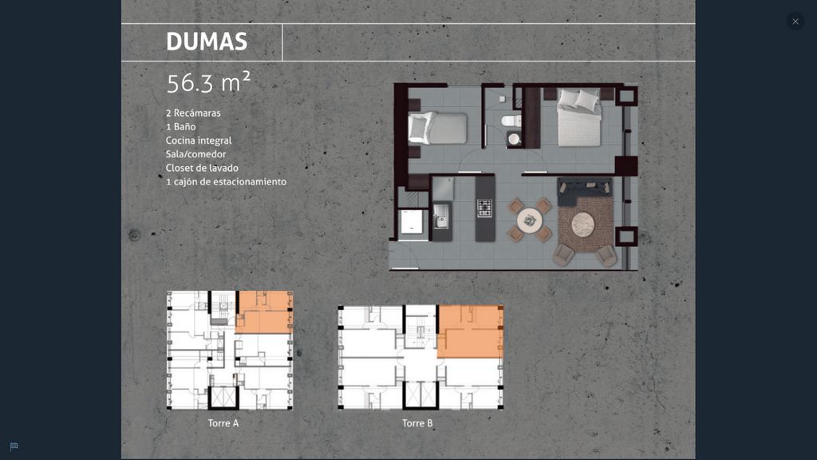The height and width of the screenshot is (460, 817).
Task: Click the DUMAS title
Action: [207, 42]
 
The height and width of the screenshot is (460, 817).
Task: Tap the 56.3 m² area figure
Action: [208, 82]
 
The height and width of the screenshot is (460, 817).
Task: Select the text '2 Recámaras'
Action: [193, 113]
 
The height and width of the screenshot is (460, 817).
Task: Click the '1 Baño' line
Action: [181, 127]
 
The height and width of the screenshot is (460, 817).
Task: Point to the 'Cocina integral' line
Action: [199, 141]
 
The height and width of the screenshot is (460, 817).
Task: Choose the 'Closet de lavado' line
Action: [202, 168]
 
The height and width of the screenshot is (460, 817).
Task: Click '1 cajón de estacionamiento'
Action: [226, 181]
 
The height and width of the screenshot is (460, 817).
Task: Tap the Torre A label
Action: [223, 423]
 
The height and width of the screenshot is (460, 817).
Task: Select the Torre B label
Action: [417, 423]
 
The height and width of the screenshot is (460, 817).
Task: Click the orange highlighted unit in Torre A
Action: [265, 312]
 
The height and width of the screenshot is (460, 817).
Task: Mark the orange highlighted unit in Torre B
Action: [470, 331]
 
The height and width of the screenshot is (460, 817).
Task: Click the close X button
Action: [795, 22]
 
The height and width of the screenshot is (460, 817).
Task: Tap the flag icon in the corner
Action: [14, 446]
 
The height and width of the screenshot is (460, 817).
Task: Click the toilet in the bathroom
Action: [511, 121]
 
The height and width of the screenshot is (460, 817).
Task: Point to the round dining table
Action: [530, 220]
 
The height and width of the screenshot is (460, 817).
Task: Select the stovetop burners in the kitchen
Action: [484, 208]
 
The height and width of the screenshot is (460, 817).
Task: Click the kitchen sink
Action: [440, 216]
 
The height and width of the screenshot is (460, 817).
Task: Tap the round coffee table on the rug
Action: [582, 224]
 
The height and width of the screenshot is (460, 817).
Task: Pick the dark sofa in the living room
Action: [584, 190]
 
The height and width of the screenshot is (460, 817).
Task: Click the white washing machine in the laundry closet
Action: [412, 221]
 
